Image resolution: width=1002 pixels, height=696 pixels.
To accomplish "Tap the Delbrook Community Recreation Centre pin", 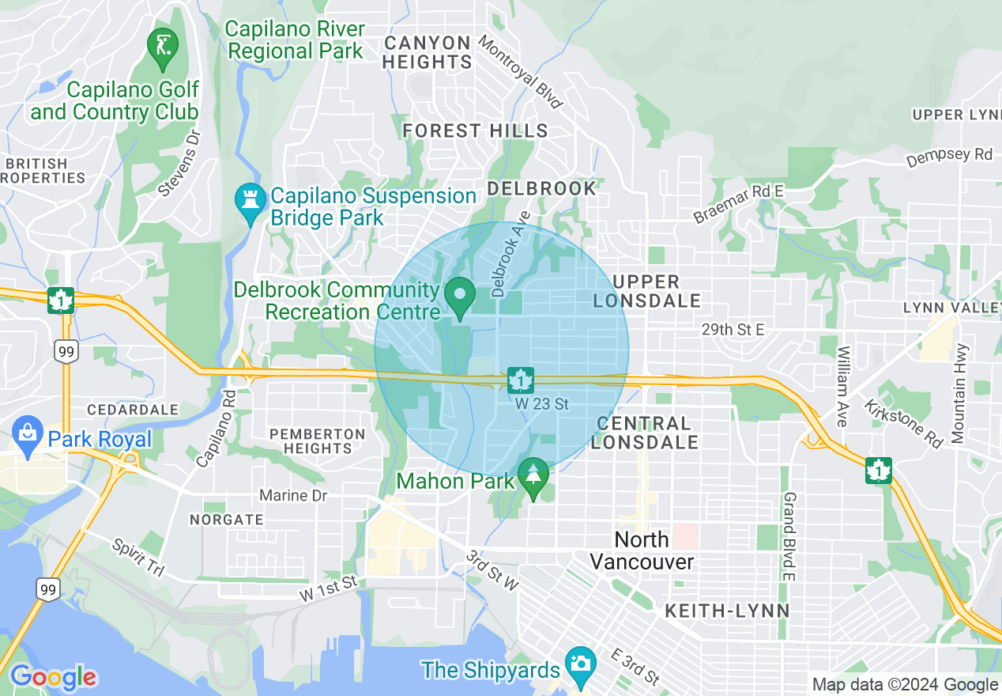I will pyautogui.click(x=459, y=297).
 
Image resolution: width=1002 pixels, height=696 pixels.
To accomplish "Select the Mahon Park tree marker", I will pyautogui.click(x=533, y=476).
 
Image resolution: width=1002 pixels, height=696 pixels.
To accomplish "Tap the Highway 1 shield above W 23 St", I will pyautogui.click(x=521, y=380).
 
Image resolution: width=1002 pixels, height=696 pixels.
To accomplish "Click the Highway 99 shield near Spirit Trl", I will pyautogui.click(x=47, y=588).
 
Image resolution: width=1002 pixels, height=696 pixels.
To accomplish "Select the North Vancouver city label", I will pyautogui.click(x=642, y=550).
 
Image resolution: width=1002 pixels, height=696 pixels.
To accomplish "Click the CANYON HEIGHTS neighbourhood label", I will pyautogui.click(x=428, y=51).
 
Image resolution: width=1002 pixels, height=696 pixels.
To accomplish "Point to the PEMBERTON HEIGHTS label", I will pyautogui.click(x=317, y=441).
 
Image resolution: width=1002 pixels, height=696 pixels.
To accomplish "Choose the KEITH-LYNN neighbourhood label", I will pyautogui.click(x=727, y=611).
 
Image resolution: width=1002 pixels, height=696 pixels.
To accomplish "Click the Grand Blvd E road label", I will pyautogui.click(x=788, y=536).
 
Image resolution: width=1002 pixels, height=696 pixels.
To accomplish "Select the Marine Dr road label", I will pyautogui.click(x=293, y=495).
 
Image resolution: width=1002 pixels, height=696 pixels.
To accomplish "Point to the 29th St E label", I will pyautogui.click(x=733, y=329).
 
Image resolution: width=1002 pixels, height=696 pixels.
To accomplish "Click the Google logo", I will pyautogui.click(x=53, y=677).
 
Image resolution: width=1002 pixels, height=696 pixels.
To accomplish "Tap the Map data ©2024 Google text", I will pyautogui.click(x=905, y=685).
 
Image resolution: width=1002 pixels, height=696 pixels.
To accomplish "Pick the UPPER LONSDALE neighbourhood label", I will pyautogui.click(x=646, y=291).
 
